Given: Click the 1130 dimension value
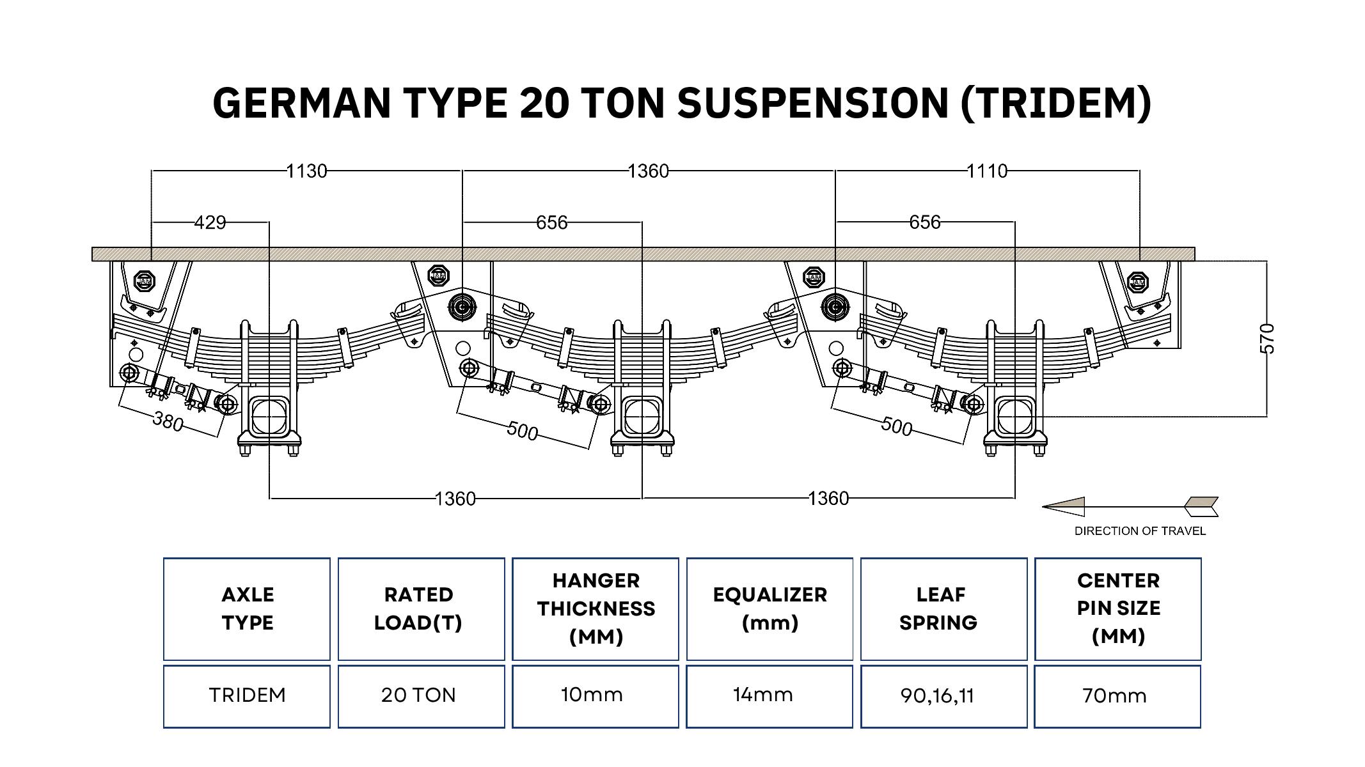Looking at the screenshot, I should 306,171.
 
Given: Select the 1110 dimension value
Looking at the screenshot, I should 986,171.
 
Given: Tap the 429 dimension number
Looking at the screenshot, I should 210,222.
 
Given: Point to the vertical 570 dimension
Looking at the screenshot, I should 1266,338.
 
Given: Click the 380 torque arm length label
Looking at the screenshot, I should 168,422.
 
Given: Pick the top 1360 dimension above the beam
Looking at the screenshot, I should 648,171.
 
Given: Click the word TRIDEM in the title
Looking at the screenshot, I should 1055,103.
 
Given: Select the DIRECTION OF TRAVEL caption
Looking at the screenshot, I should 1140,531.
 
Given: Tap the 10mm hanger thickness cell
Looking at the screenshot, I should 595,695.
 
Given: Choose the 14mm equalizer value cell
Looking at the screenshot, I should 769,695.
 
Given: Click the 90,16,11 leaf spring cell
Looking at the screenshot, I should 943,695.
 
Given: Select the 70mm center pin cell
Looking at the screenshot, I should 1117,695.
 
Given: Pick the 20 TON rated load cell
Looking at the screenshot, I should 421,695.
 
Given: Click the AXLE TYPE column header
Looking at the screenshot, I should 247,608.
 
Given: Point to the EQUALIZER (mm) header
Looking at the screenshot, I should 769,608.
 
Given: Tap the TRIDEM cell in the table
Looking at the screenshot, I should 247,695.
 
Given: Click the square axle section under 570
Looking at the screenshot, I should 1014,415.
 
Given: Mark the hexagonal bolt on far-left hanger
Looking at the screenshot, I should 145,281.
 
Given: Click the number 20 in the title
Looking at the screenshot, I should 544,103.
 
